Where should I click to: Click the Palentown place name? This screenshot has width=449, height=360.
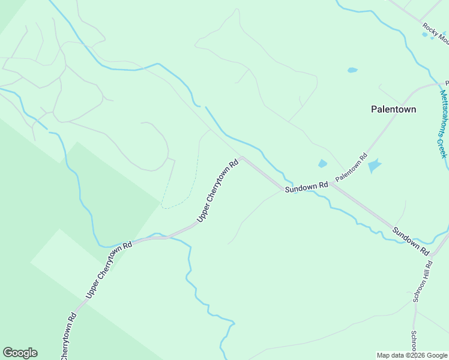pyautogui.click(x=393, y=109)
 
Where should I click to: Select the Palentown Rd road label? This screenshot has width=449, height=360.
pyautogui.click(x=351, y=168)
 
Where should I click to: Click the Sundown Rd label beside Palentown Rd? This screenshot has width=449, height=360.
pyautogui.click(x=306, y=187)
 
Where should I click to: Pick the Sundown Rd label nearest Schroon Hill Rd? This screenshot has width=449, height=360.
pyautogui.click(x=411, y=241)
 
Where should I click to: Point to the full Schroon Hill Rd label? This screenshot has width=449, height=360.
pyautogui.click(x=422, y=281)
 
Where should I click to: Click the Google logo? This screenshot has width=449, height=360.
pyautogui.click(x=20, y=353)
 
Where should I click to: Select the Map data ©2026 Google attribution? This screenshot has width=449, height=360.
pyautogui.click(x=412, y=355)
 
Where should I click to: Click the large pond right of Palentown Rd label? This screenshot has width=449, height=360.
pyautogui.click(x=375, y=165)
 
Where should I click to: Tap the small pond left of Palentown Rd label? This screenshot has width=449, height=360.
pyautogui.click(x=322, y=163)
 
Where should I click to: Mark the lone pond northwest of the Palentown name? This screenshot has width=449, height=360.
pyautogui.click(x=352, y=70)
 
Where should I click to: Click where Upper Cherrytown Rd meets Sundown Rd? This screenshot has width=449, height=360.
pyautogui.click(x=242, y=158)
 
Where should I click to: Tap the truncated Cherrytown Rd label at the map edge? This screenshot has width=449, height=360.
pyautogui.click(x=68, y=337)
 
